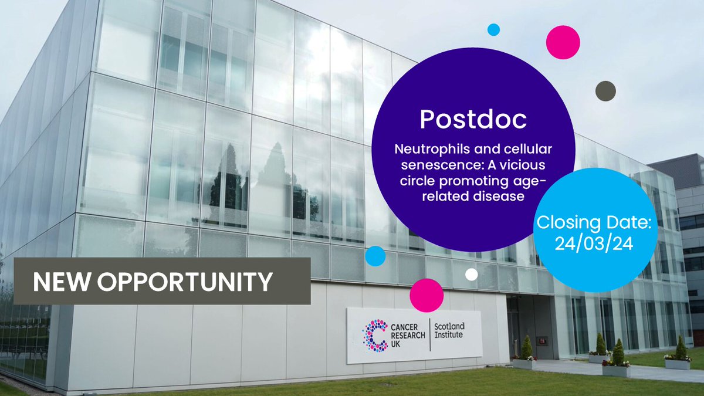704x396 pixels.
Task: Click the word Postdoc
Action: tap(473, 120)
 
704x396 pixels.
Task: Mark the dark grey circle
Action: tap(605, 90)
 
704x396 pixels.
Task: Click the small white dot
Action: tap(472, 274)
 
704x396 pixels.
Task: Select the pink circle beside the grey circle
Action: tap(563, 42)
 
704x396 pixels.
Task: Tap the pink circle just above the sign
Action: tap(427, 295)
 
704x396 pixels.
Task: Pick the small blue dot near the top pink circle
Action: tap(493, 29)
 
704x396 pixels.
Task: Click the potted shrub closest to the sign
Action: tap(526, 350)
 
